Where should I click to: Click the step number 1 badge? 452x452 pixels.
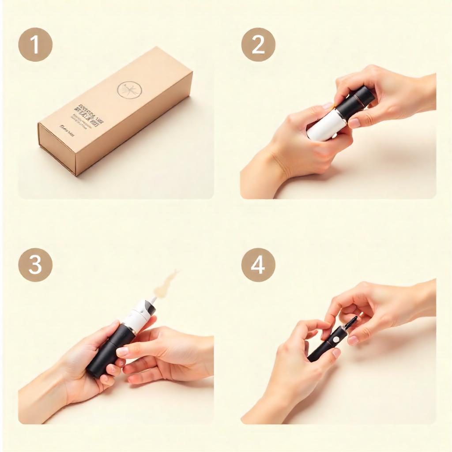click(35, 45)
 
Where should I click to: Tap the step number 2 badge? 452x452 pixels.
click(258, 45)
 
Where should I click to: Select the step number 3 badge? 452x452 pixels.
click(35, 265)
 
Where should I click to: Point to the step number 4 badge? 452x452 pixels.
click(258, 265)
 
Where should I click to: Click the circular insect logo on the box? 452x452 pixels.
click(129, 90)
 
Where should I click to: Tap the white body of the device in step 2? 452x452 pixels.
click(324, 126)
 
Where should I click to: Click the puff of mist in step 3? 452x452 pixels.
click(166, 282)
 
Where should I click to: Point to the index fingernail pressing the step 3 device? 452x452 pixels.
click(122, 352)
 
